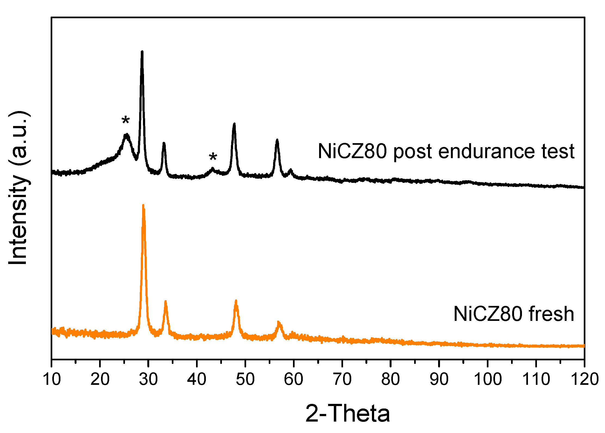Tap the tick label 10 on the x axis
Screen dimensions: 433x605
(51, 379)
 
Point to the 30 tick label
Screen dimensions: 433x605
(148, 379)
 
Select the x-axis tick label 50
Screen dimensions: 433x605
(245, 379)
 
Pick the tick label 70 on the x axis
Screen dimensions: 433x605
(342, 379)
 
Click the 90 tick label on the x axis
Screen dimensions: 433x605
(439, 379)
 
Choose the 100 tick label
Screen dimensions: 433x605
(488, 379)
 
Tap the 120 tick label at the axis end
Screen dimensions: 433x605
(585, 379)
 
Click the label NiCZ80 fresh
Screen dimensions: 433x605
(514, 314)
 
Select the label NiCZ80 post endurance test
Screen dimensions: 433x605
(446, 151)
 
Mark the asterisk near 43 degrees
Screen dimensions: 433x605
(213, 157)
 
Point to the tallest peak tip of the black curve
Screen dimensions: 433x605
(142, 52)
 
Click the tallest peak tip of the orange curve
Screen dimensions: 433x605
(143, 205)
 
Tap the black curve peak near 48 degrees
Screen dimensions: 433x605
(234, 124)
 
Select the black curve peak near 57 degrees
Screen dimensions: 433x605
(277, 140)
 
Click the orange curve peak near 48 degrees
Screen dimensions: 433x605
(236, 301)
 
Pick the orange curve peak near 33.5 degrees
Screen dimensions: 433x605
(165, 302)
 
